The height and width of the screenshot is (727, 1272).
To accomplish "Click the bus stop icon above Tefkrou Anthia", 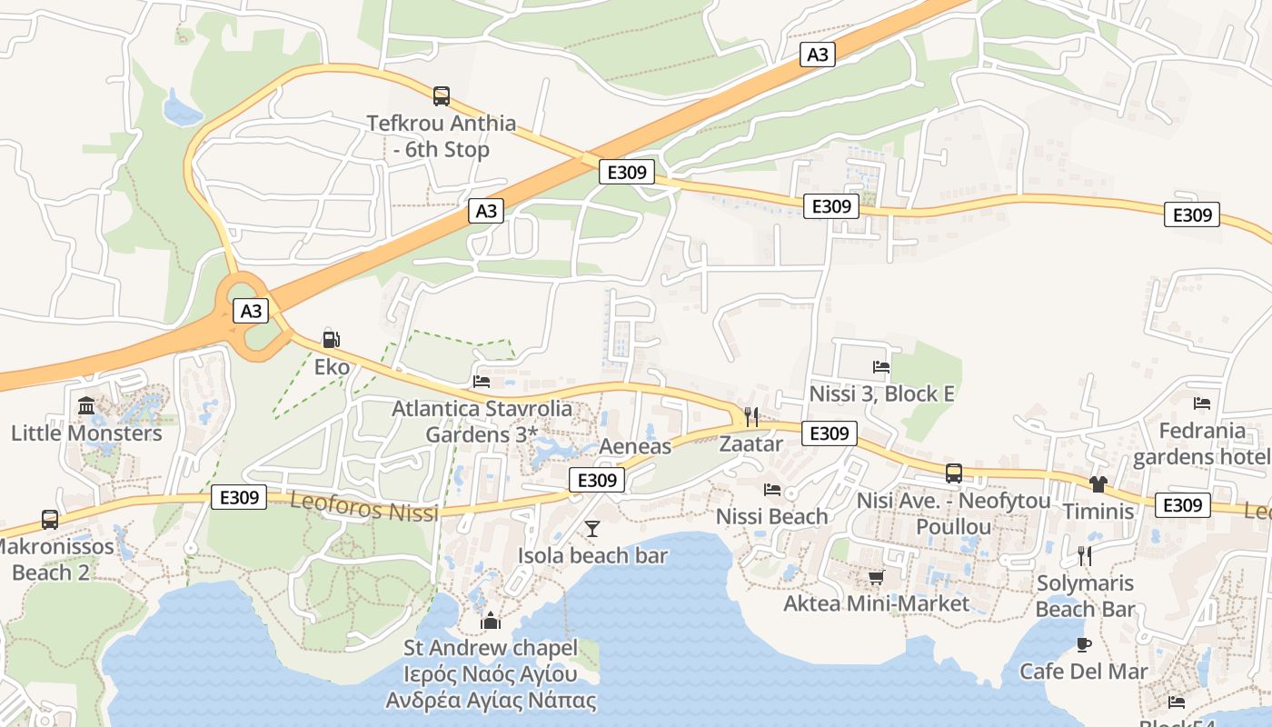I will [x=442, y=95].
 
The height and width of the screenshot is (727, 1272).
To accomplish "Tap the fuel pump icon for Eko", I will [x=332, y=340].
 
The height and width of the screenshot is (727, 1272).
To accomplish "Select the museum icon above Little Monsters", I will [x=86, y=405].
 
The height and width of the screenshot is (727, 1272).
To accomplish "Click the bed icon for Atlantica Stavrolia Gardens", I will [x=482, y=382].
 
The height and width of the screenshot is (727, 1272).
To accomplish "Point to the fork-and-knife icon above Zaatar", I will [x=750, y=417].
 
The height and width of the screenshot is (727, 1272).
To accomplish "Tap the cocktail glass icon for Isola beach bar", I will [x=592, y=528].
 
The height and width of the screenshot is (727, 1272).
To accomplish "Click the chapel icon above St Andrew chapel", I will [x=491, y=621].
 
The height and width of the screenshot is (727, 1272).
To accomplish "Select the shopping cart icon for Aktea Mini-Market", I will [x=877, y=577].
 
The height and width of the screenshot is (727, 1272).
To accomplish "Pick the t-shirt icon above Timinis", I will [x=1098, y=484].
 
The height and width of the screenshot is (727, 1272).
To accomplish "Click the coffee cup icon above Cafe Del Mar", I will [x=1083, y=644].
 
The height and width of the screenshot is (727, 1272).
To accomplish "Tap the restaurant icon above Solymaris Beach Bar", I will [x=1084, y=555].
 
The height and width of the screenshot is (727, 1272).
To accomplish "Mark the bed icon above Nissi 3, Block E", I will [x=881, y=367].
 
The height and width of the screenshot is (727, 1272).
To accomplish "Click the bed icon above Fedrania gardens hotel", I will [x=1202, y=403].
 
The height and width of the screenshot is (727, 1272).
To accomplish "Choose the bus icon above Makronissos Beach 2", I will [x=50, y=520].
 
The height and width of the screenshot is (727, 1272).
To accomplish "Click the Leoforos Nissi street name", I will [x=364, y=508].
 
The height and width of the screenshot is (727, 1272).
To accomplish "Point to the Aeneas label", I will [x=635, y=446].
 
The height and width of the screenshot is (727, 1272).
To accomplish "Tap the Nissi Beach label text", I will [x=771, y=516].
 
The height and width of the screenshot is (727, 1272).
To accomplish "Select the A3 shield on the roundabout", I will [x=251, y=311].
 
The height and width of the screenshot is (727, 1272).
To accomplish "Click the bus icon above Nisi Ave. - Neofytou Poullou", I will [x=954, y=473].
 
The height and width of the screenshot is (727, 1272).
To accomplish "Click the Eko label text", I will [x=332, y=367].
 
